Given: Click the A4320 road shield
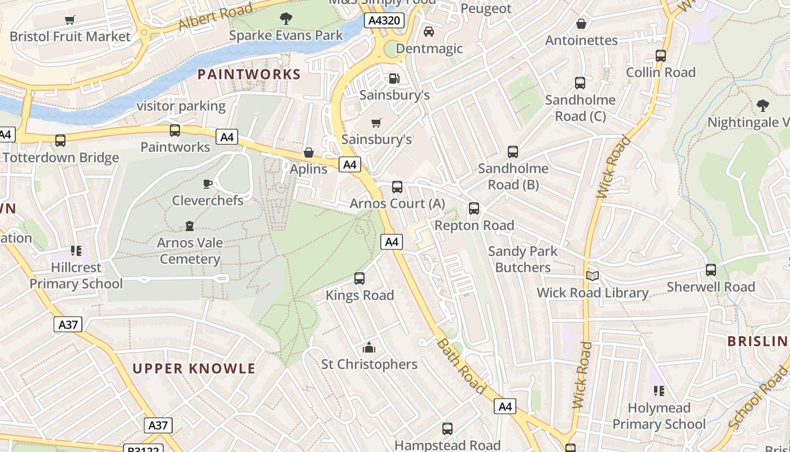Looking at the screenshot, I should point(385,21).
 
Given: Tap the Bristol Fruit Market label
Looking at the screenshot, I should point(70,37).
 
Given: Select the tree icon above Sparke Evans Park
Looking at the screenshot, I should point(286,19).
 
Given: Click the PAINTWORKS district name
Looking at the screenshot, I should point(249,74).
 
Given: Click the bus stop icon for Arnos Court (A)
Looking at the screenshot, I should point(397,187).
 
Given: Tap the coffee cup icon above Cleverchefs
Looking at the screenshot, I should point(208,184).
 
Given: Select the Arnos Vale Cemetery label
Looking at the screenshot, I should point(190,251).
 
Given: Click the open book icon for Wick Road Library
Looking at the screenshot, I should point(592,276).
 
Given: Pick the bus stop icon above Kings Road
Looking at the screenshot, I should point(359,278).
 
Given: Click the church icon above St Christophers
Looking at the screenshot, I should point(369,347).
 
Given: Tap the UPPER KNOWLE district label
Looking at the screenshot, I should point(194,368).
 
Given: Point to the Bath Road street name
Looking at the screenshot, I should point(461,366).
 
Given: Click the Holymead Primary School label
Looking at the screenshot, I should point(659,416).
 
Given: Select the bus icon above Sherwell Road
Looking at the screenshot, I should point(711,270).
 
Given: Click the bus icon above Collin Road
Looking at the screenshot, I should point(661,56).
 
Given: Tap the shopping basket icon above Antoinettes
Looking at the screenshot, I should point(581,24).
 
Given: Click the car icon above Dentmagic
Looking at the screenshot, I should point(429,32).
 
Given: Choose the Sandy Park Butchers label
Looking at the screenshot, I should point(523,259).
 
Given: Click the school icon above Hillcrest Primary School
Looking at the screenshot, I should point(76,250).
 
